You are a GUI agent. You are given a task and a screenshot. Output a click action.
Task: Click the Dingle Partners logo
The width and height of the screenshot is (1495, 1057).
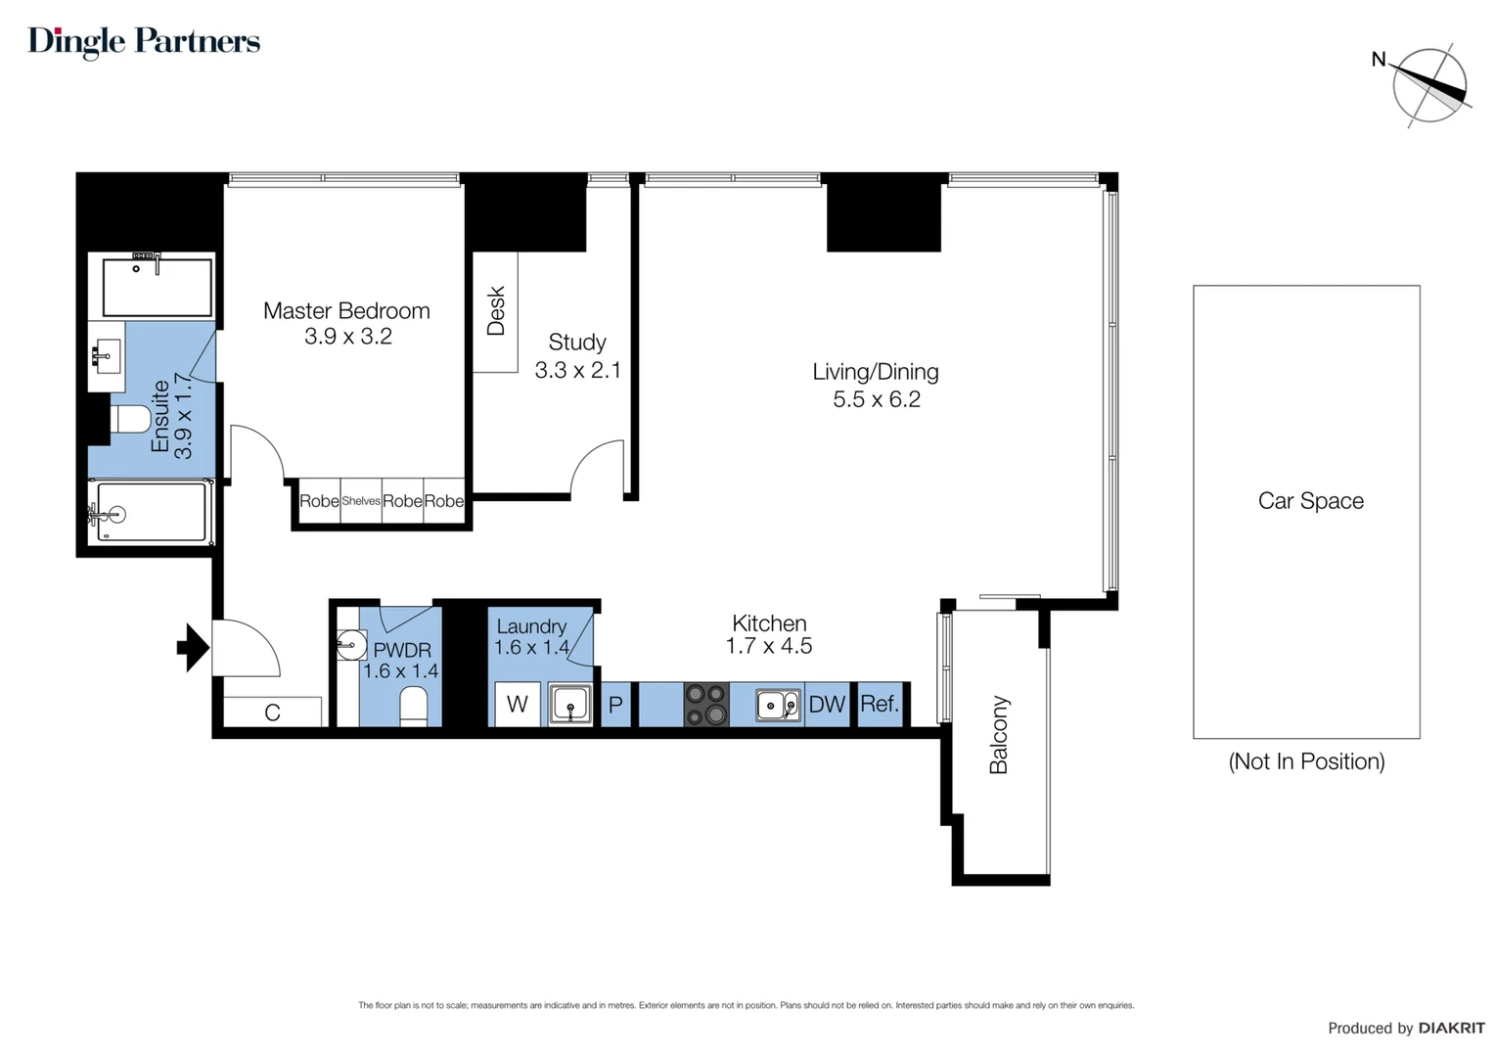144,41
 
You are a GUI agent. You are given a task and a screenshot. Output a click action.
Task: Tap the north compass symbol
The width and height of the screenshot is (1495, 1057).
1429,85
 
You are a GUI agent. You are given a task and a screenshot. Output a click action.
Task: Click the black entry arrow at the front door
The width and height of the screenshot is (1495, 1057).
192,647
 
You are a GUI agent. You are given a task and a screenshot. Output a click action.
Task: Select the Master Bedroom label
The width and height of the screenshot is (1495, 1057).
346,311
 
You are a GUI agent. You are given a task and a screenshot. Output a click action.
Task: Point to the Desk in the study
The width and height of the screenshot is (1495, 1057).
495,311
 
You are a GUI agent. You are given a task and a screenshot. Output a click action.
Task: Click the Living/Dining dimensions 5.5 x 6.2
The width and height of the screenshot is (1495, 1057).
876,399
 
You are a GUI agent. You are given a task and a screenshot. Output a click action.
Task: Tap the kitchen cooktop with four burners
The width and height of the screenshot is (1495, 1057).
705,705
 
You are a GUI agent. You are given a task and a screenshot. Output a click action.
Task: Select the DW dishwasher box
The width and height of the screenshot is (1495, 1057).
827,705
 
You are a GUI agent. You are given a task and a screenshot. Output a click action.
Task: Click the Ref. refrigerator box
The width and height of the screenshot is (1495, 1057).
880,705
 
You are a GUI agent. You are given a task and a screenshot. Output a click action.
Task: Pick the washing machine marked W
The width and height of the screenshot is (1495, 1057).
518,705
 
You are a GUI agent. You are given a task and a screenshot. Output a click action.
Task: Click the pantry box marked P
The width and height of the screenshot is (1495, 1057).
615,705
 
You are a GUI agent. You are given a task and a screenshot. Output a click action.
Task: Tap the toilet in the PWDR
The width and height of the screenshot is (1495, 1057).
414,706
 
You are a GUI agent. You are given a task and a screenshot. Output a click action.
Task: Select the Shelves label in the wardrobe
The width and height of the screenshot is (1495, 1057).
361,501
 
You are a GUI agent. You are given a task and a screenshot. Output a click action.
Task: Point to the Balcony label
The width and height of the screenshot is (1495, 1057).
999,735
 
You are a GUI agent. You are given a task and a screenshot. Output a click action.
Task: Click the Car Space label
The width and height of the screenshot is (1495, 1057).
1310,501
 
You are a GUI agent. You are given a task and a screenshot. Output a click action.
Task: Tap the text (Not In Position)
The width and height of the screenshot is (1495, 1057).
1306,761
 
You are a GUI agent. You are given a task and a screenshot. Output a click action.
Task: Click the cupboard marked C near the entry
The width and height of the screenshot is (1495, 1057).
273,712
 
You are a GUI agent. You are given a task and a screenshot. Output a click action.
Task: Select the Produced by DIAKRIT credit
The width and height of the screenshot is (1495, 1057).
1405,1028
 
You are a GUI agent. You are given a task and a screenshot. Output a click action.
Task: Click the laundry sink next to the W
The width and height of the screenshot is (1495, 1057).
569,705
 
